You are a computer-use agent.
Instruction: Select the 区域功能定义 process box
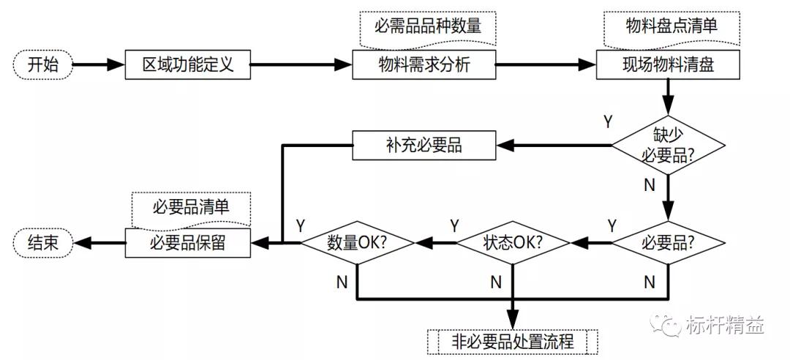click(188, 65)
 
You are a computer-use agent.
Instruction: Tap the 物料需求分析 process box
click(424, 65)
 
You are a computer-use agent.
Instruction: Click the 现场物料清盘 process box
click(668, 65)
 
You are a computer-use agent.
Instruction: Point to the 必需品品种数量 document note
click(428, 27)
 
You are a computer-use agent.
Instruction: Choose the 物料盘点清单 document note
click(671, 27)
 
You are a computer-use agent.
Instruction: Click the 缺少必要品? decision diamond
click(668, 145)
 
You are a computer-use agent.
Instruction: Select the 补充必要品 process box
click(424, 145)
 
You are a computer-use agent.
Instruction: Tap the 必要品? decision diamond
click(668, 241)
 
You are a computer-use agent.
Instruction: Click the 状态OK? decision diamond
click(513, 241)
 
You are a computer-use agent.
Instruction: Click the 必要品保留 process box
click(188, 242)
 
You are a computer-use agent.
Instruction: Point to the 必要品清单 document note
click(191, 207)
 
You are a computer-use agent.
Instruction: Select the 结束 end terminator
click(43, 242)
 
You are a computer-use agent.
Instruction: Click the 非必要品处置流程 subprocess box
click(512, 341)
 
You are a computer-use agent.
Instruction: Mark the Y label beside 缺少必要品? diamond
click(607, 120)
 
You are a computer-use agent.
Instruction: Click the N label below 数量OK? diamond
click(342, 281)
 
